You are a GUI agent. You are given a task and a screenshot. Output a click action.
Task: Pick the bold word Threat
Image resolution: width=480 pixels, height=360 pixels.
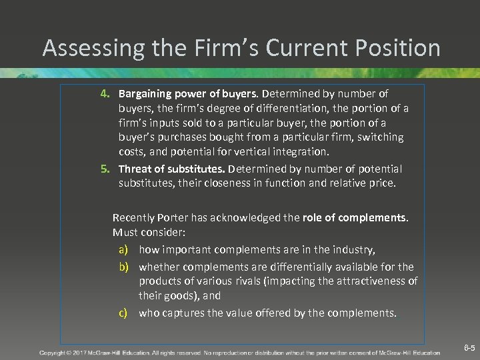point(135,169)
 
